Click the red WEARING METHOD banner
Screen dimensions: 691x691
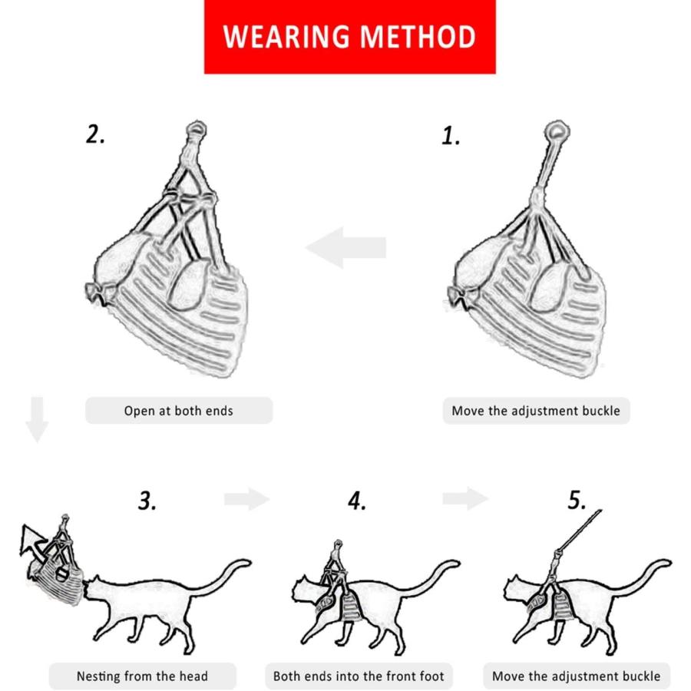pyautogui.click(x=350, y=37)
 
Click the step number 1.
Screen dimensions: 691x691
pyautogui.click(x=451, y=136)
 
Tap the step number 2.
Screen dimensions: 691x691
pyautogui.click(x=95, y=134)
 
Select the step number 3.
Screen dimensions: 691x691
pyautogui.click(x=147, y=501)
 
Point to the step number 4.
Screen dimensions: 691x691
pyautogui.click(x=356, y=501)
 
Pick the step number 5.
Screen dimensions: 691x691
pyautogui.click(x=577, y=500)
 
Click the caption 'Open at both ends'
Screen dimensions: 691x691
pyautogui.click(x=178, y=411)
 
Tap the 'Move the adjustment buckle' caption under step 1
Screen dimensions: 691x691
pyautogui.click(x=536, y=411)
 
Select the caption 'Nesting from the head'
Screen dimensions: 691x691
pyautogui.click(x=142, y=676)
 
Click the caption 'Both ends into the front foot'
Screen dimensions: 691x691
pyautogui.click(x=359, y=676)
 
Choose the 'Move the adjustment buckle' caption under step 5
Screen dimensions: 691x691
pyautogui.click(x=577, y=676)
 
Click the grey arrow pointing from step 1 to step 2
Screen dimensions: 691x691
pyautogui.click(x=346, y=247)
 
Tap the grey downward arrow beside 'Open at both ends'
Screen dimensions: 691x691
pyautogui.click(x=37, y=419)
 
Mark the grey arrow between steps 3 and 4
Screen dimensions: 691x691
pyautogui.click(x=246, y=499)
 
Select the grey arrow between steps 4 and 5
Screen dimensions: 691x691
pyautogui.click(x=465, y=498)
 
